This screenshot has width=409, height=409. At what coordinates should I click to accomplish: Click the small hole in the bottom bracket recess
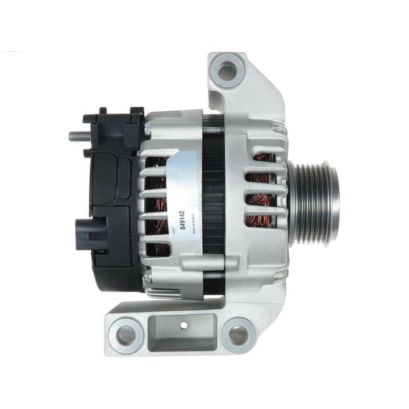coord(184,325)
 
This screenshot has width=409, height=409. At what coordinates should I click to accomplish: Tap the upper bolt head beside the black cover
coord(147,131)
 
